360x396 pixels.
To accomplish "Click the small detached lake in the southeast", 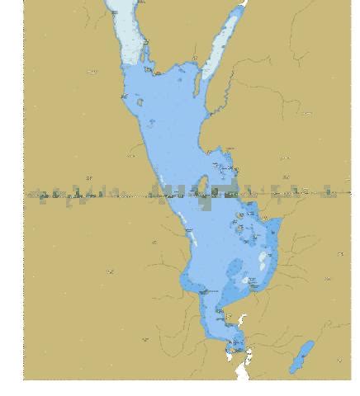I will pyautogui.click(x=302, y=356).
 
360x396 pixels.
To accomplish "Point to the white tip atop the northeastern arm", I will pyautogui.click(x=243, y=4).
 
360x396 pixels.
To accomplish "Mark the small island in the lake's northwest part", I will pyautogui.click(x=140, y=103).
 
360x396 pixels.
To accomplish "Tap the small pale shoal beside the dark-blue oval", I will pyautogui.click(x=246, y=280).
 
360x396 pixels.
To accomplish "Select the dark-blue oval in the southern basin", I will pyautogui.click(x=234, y=269).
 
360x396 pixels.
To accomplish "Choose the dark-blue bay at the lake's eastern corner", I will pyautogui.click(x=272, y=232).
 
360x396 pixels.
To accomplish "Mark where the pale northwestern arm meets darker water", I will pyautogui.click(x=135, y=65).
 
